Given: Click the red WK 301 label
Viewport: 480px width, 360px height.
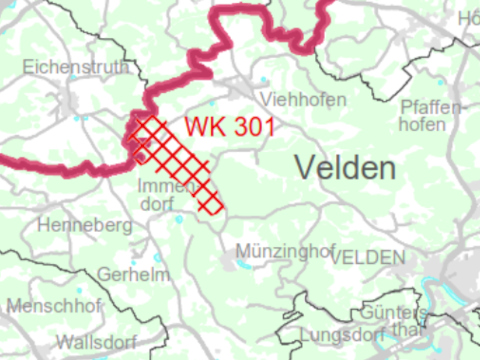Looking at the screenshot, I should pyautogui.click(x=229, y=128).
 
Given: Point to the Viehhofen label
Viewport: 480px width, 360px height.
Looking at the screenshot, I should pyautogui.click(x=302, y=99).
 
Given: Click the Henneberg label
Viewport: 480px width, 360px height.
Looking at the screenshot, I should pyautogui.click(x=84, y=226).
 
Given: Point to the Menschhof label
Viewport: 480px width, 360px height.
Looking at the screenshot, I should pyautogui.click(x=55, y=305).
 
